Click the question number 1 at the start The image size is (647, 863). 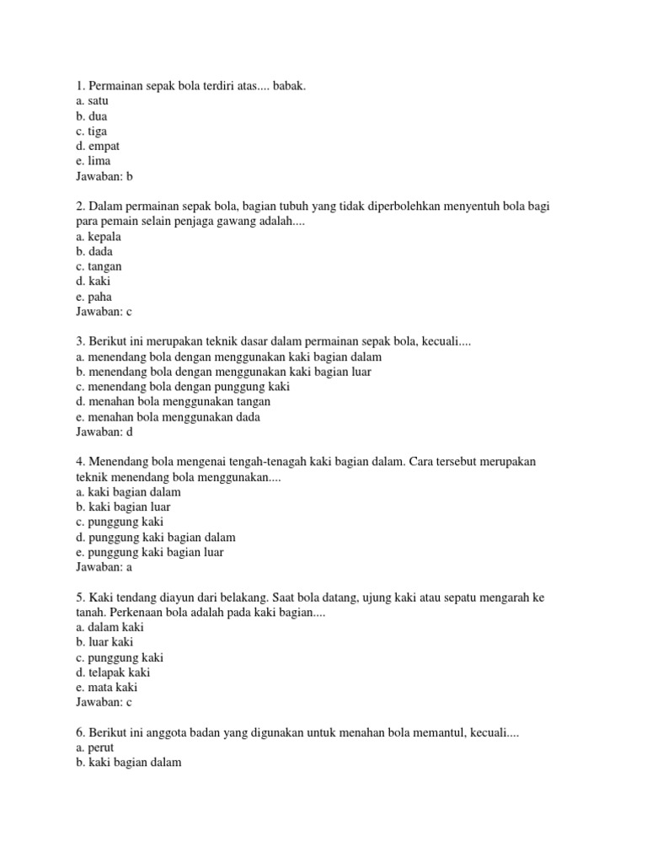click(79, 85)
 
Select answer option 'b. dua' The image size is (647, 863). click(91, 115)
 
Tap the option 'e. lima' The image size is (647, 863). click(93, 161)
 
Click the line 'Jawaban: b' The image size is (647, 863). click(104, 176)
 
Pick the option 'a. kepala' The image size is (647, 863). click(99, 237)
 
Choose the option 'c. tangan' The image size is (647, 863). click(99, 266)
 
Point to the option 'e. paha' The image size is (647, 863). click(94, 297)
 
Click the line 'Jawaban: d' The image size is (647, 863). click(104, 432)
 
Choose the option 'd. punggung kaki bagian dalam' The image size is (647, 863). click(155, 537)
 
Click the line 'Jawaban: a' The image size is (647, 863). click(104, 567)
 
